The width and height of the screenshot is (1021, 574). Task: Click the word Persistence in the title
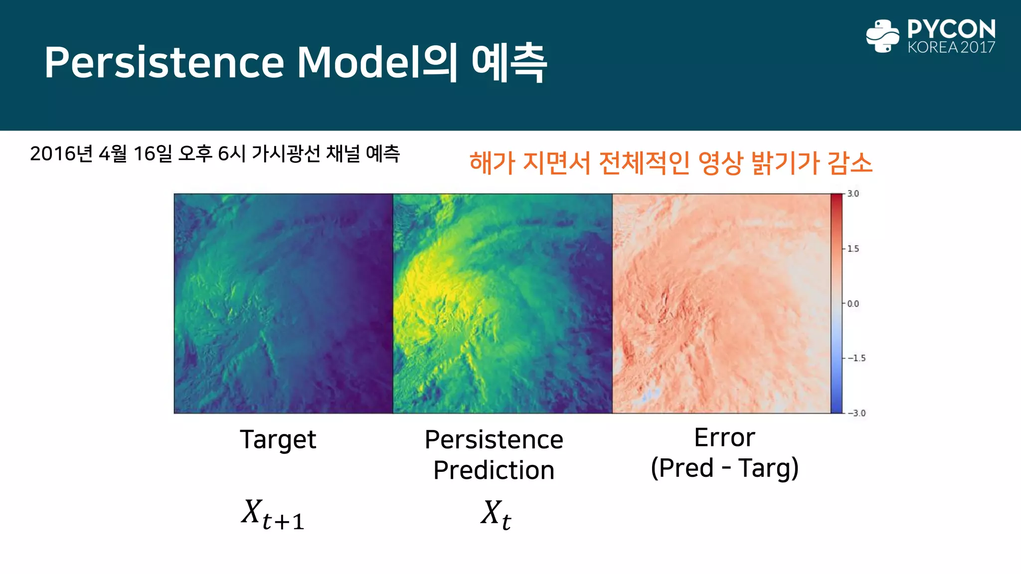(x=164, y=63)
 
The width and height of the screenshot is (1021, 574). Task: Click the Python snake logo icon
(x=882, y=36)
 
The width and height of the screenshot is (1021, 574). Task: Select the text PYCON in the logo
(x=951, y=29)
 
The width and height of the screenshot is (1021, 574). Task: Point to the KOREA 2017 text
(x=951, y=47)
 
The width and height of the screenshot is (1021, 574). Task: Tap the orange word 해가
(x=492, y=163)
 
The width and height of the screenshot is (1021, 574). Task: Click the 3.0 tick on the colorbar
(x=853, y=194)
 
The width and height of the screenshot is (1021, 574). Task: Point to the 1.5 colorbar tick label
(x=853, y=249)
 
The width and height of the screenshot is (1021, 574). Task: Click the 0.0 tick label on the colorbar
(x=853, y=303)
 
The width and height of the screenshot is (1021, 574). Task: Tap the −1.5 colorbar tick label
(x=856, y=358)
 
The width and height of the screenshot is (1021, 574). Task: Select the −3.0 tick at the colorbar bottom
(x=856, y=413)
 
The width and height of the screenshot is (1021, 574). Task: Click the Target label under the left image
(x=278, y=439)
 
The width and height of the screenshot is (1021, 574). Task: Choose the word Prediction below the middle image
(x=494, y=470)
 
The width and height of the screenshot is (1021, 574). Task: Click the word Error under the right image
(x=724, y=438)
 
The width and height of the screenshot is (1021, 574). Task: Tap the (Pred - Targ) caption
(x=724, y=468)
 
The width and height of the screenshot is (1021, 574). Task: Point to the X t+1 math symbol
(x=272, y=514)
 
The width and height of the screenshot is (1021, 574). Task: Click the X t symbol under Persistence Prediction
(x=496, y=514)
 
